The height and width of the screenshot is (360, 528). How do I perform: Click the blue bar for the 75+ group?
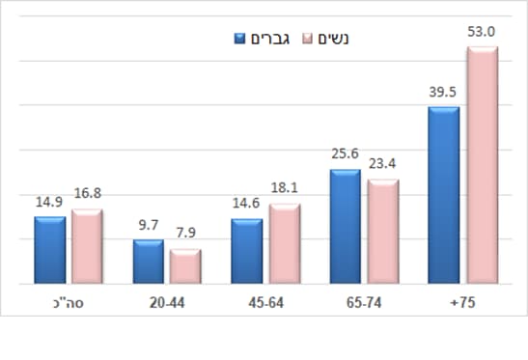pos(443,196)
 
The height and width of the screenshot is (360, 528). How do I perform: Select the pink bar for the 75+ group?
pos(481,166)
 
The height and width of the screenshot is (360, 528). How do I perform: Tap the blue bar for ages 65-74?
pos(345,228)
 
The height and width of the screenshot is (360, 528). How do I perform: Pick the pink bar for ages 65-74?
pos(382,233)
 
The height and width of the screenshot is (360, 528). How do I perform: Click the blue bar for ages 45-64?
pos(246,252)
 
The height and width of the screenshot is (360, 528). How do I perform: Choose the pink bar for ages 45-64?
pos(284,244)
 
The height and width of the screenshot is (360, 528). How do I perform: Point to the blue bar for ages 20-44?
pos(148,263)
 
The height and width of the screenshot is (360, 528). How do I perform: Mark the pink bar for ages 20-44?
pos(185,267)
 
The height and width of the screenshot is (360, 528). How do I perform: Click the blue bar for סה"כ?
pos(49,251)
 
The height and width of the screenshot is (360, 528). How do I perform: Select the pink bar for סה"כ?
pos(87,247)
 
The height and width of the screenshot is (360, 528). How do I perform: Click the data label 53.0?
pos(481,32)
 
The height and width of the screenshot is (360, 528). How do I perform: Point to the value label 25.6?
pos(344,154)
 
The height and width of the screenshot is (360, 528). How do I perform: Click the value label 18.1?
pos(285,188)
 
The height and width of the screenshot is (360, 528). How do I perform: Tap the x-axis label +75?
pos(462,302)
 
